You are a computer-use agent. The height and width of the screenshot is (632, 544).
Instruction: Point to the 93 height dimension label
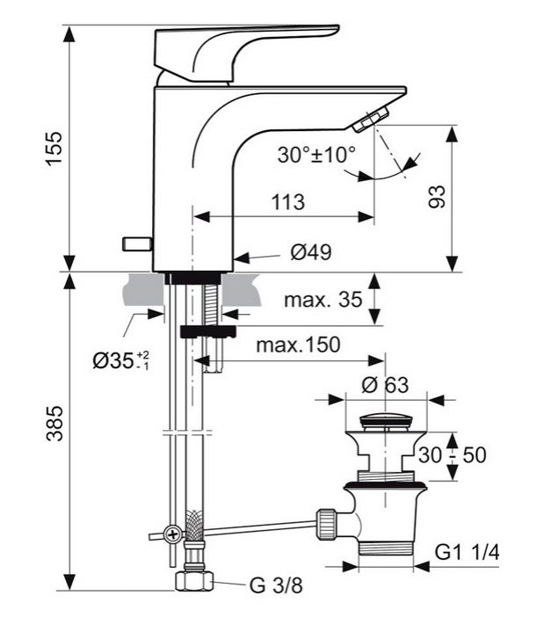[437, 196]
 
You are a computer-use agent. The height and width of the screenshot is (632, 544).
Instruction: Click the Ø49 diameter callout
[310, 254]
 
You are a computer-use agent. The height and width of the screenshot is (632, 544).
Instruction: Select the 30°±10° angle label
[316, 156]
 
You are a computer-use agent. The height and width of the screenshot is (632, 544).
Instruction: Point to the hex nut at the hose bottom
[194, 581]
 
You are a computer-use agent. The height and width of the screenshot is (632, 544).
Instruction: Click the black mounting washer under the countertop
[207, 331]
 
